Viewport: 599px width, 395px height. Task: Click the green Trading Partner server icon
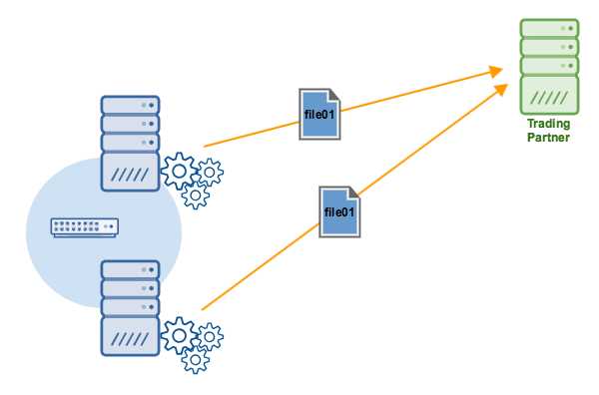point(549,68)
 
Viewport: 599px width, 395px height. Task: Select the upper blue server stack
point(130,143)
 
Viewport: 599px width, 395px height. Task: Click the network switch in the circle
point(85,228)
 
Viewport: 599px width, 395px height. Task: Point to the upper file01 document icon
point(320,113)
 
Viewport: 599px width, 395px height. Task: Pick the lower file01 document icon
point(339,211)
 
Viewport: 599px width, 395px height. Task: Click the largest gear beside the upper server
point(180,172)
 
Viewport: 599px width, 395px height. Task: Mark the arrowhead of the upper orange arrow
point(495,70)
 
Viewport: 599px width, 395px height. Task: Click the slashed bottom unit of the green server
point(549,98)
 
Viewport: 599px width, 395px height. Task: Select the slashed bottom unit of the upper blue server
point(130,173)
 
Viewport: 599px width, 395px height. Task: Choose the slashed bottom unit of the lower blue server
point(130,336)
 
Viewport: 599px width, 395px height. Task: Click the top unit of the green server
point(549,28)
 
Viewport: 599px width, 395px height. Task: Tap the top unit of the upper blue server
point(130,105)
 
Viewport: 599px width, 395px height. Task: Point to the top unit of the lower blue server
point(130,269)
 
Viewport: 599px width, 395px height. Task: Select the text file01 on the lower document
point(339,212)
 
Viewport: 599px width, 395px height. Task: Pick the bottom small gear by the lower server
point(195,358)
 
